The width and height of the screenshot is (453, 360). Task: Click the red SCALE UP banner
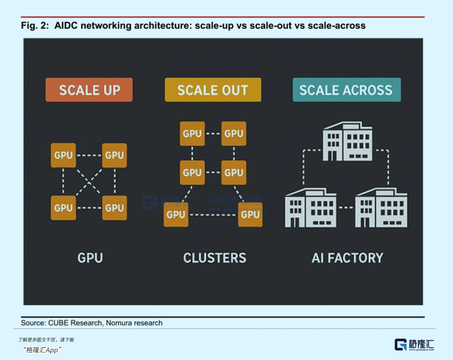coord(89,90)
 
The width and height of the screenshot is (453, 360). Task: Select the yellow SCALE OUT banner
coord(213,90)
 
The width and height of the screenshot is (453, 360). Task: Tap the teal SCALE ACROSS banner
coord(346,90)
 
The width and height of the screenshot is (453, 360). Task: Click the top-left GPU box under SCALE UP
coord(63,155)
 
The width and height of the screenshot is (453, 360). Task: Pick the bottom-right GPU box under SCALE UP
coord(114,207)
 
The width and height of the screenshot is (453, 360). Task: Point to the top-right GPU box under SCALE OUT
coord(234,134)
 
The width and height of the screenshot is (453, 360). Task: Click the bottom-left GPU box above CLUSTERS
coord(176,214)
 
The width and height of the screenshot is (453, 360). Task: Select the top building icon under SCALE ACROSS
coord(347,141)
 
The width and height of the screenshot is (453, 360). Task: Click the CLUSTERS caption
coord(215,258)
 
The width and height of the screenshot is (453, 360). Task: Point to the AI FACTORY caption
coord(347,258)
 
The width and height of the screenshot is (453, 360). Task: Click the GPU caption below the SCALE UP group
coord(90,258)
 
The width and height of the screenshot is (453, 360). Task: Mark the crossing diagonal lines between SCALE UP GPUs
coord(89,182)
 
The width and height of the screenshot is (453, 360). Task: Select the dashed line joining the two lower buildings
coord(346,207)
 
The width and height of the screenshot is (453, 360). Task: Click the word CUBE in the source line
coord(60,323)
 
